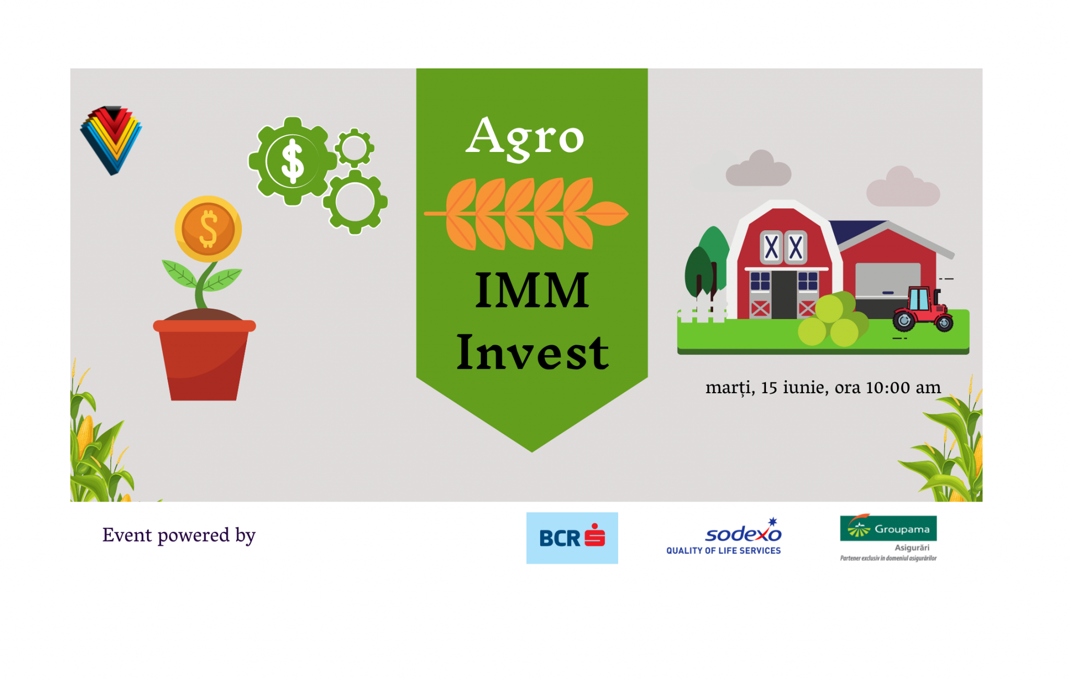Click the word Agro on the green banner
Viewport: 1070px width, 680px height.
point(525,137)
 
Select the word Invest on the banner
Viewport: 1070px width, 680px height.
point(532,353)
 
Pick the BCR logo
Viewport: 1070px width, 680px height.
point(572,538)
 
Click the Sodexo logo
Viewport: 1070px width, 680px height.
point(724,536)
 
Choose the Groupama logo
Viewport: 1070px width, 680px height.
point(888,537)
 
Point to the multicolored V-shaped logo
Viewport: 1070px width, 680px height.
point(111,140)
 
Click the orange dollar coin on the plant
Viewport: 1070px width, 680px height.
point(208,229)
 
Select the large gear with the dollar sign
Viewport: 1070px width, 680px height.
point(293,161)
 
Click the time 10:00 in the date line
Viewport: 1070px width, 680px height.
point(888,388)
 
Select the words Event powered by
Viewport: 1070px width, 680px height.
point(179,535)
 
